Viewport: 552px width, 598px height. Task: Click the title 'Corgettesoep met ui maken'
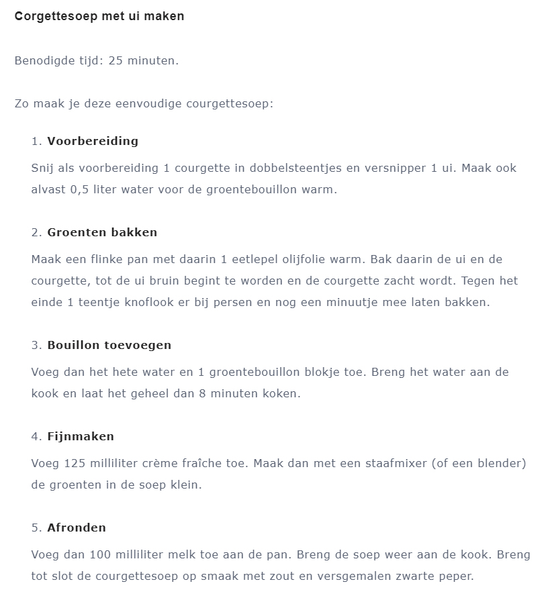[99, 16]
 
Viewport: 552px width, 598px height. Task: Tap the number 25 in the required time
[116, 60]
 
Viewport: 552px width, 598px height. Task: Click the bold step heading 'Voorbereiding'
[93, 141]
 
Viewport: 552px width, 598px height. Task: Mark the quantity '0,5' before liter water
[80, 189]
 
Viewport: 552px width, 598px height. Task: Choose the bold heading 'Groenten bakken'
[102, 232]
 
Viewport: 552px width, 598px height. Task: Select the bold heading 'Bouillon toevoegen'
[109, 345]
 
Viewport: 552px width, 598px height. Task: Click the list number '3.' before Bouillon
[37, 345]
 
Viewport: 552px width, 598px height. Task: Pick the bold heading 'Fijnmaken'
[81, 436]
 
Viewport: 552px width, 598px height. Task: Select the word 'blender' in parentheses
[502, 463]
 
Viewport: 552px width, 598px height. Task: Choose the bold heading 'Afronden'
[77, 528]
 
